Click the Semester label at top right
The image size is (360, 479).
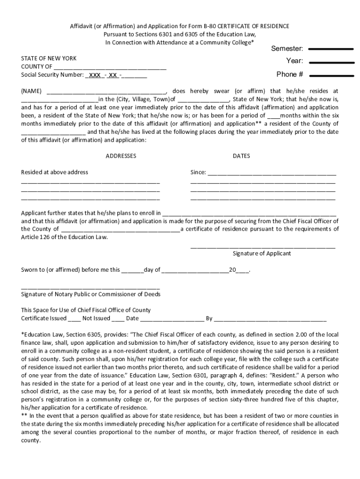tap(287, 49)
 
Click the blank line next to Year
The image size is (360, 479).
tap(331, 62)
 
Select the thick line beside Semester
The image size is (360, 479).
tap(331, 49)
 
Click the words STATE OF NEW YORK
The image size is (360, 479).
tap(49, 58)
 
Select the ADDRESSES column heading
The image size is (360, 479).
tap(121, 156)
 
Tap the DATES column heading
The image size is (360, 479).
tap(241, 156)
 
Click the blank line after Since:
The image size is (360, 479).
tap(272, 174)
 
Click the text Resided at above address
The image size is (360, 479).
tap(55, 172)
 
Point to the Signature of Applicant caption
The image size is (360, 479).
tap(262, 254)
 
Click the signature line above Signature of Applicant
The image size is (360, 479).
tap(263, 247)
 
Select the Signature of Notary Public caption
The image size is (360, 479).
tap(91, 294)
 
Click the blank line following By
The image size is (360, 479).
tap(270, 320)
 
